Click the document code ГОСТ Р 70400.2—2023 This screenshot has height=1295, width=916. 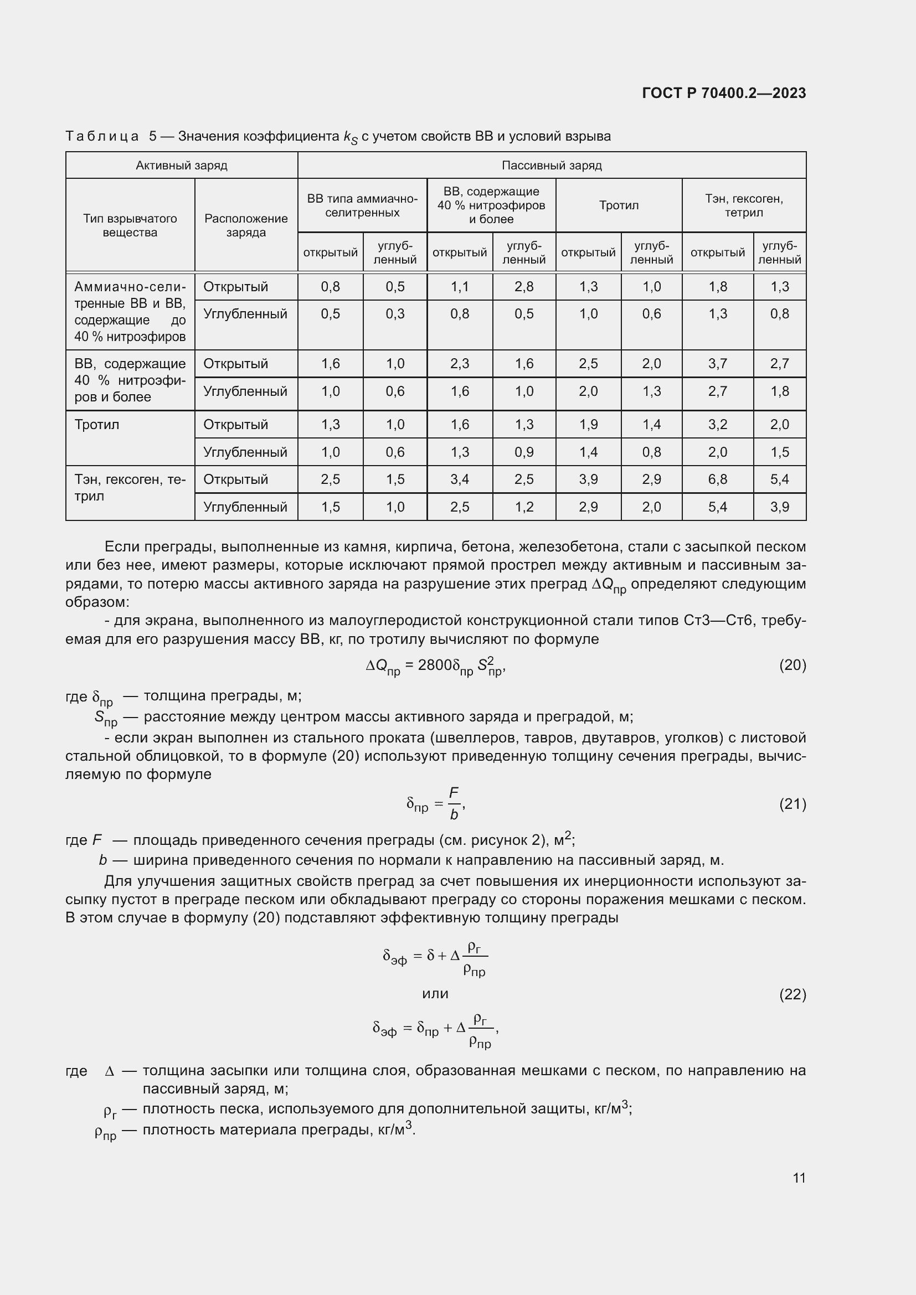(724, 93)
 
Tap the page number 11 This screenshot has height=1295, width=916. (799, 1178)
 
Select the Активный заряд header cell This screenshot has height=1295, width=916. (181, 165)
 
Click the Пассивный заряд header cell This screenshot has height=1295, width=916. (551, 165)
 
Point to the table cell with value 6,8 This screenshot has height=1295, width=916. (717, 479)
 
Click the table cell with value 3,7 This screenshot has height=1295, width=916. (717, 364)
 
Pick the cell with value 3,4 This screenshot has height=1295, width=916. (460, 479)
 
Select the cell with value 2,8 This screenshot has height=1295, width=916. (524, 287)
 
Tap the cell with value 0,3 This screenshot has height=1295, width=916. (395, 314)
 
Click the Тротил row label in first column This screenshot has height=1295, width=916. (96, 425)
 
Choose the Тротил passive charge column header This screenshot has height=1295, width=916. (619, 205)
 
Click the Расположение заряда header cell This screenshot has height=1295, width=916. (246, 225)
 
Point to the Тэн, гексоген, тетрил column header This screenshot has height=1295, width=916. (743, 205)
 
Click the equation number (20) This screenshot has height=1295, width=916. (793, 665)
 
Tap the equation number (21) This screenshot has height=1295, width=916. (793, 804)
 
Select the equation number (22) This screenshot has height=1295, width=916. (793, 994)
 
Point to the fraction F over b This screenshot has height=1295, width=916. (454, 804)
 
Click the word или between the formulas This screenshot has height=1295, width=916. (435, 994)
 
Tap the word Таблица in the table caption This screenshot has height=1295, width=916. (102, 137)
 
